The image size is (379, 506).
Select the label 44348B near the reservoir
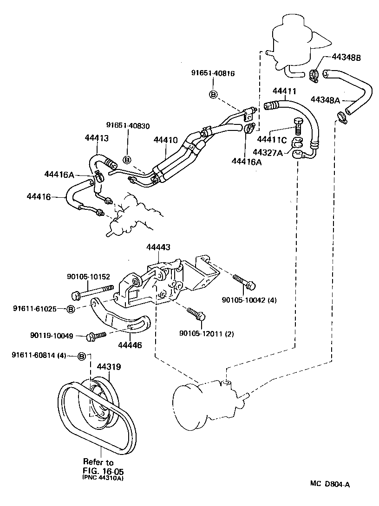point(346,58)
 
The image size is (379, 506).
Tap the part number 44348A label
point(326,99)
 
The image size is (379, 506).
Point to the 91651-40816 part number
point(213,73)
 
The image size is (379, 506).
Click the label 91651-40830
point(128,125)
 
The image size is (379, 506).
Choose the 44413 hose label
point(97,137)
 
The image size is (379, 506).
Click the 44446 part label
point(130,345)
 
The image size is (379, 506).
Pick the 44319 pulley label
point(109,367)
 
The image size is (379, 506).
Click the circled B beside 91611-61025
point(70,309)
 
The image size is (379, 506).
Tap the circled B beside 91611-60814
point(82,356)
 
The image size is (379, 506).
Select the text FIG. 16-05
point(103,470)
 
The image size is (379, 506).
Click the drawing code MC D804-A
point(330,484)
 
